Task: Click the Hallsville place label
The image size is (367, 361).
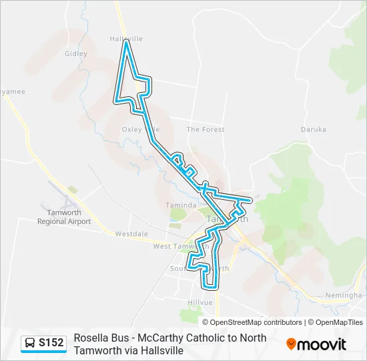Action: [x=125, y=39]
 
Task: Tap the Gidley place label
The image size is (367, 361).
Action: [x=76, y=53]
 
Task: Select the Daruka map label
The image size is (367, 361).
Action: [x=314, y=129]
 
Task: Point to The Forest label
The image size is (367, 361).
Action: [x=205, y=129]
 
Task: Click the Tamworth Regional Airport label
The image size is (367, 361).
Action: [x=64, y=217]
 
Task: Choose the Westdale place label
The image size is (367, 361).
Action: [x=131, y=234]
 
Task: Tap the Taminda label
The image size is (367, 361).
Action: [x=181, y=205]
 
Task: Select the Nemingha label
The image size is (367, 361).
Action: [x=343, y=295]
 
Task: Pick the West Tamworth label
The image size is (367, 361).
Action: [x=173, y=246]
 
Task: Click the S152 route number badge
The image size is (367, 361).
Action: [x=51, y=343]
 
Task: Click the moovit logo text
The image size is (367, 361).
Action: [x=322, y=344]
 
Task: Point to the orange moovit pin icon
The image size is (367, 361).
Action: [x=291, y=344]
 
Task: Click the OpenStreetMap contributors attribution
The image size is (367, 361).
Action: [x=256, y=322]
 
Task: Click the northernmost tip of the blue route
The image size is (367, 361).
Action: [x=125, y=43]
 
